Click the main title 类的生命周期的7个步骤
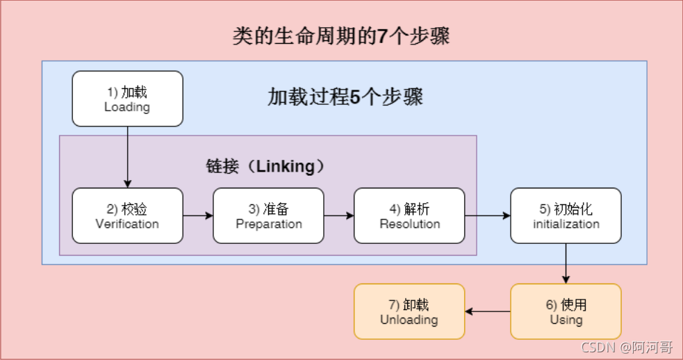coord(340,35)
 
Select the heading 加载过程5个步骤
coord(345,97)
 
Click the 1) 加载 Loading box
coord(127,99)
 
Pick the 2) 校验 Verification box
coord(127,215)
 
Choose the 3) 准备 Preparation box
coord(268,215)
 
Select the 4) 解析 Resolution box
coord(409,215)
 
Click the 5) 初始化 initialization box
coord(566,215)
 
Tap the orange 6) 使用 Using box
coord(566,311)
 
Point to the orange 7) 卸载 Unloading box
coord(409,311)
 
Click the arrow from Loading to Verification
coord(128,157)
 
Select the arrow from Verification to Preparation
coord(198,215)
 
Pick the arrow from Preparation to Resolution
coord(339,215)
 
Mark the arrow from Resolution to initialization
coord(488,215)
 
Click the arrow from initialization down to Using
coord(566,263)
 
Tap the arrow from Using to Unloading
coord(488,311)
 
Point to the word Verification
coord(127,224)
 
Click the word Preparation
coord(269,224)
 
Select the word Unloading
coord(409,320)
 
